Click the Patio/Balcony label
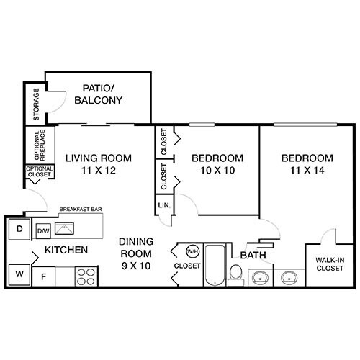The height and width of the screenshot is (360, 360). click(x=99, y=94)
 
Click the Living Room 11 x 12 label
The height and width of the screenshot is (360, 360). click(x=99, y=164)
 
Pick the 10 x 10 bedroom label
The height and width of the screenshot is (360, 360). click(x=217, y=164)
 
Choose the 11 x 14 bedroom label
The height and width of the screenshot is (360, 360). click(x=307, y=164)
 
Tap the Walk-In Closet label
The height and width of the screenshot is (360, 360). click(x=330, y=264)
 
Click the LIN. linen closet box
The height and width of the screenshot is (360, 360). click(x=163, y=206)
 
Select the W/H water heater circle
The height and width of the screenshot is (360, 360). click(x=192, y=251)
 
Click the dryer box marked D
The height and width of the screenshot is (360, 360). click(x=18, y=230)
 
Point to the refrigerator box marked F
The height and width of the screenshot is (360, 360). click(x=43, y=274)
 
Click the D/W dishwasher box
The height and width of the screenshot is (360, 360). click(x=43, y=230)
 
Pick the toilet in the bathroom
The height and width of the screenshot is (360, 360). click(x=235, y=272)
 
